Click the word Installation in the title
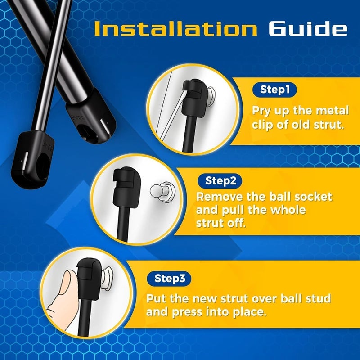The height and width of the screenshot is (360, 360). (x=175, y=29)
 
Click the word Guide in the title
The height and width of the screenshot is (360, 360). (x=308, y=29)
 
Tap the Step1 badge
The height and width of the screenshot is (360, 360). (x=274, y=90)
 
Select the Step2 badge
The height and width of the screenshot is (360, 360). (x=220, y=181)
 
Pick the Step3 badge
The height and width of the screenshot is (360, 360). (x=169, y=279)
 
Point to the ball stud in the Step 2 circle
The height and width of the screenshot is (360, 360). (x=162, y=191)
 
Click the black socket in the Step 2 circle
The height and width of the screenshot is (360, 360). (x=126, y=187)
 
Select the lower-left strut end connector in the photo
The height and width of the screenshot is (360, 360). (x=32, y=160)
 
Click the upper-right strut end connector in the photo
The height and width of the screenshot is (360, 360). (x=90, y=117)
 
